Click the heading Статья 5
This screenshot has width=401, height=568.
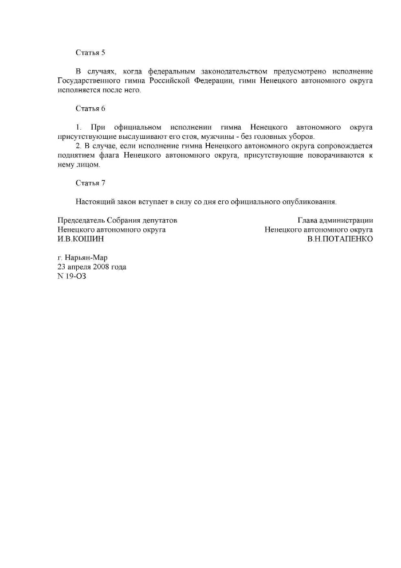(91, 53)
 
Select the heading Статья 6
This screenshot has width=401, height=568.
(91, 108)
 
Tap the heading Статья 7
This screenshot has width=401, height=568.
(91, 183)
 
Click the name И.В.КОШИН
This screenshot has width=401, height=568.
(81, 238)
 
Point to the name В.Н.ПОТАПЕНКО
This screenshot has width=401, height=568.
(340, 238)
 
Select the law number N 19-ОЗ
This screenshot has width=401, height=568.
(72, 276)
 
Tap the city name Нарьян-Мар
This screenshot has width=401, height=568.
(86, 258)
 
